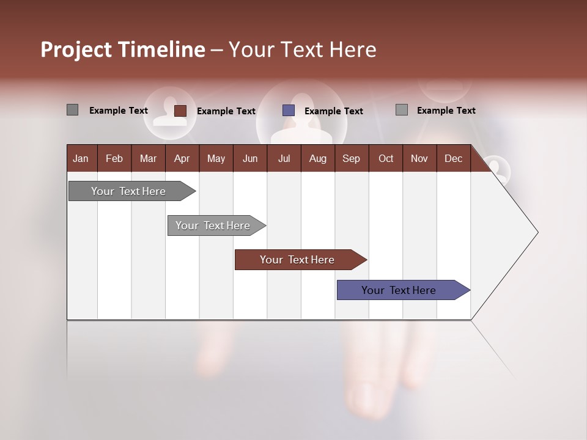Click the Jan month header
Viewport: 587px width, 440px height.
[x=81, y=158]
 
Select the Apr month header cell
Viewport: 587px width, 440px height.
[x=182, y=158]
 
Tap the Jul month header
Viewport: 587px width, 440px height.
[x=284, y=158]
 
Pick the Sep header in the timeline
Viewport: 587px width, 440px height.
[x=351, y=158]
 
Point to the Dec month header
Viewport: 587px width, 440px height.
[x=453, y=158]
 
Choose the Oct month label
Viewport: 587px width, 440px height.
[x=385, y=158]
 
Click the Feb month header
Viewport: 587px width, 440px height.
[x=114, y=158]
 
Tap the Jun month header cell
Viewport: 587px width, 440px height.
[x=249, y=158]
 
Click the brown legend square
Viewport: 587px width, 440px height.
[x=180, y=111]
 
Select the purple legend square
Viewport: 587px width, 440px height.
[x=289, y=111]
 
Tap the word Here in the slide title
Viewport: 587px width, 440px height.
[x=353, y=50]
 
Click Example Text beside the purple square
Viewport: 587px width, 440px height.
[x=333, y=111]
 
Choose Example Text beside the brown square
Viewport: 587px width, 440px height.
[x=226, y=111]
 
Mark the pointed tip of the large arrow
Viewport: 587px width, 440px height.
[x=537, y=232]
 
